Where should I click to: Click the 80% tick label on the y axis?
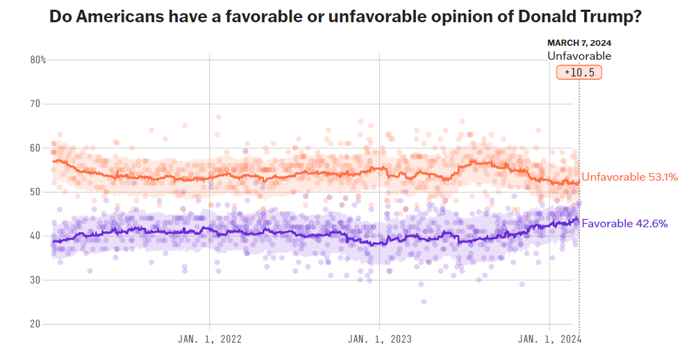pos(38,60)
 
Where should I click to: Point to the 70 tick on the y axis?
pos(35,104)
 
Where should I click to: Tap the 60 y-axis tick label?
pos(35,148)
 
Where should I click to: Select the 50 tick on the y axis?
pos(35,192)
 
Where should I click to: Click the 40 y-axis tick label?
pos(35,236)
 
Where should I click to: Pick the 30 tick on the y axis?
pos(35,280)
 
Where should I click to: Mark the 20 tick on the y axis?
pos(35,324)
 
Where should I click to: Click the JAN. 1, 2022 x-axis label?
pos(210,339)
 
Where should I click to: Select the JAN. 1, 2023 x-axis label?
pos(380,339)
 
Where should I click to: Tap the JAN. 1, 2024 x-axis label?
pos(549,339)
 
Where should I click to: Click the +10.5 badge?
pos(579,72)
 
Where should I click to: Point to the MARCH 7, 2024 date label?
pos(579,43)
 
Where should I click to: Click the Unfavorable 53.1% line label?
pos(629,177)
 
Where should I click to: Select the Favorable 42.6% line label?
pos(624,223)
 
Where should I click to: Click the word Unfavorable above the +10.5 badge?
pos(579,56)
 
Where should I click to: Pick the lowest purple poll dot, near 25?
pos(424,302)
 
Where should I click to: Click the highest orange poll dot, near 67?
pos(218,117)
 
